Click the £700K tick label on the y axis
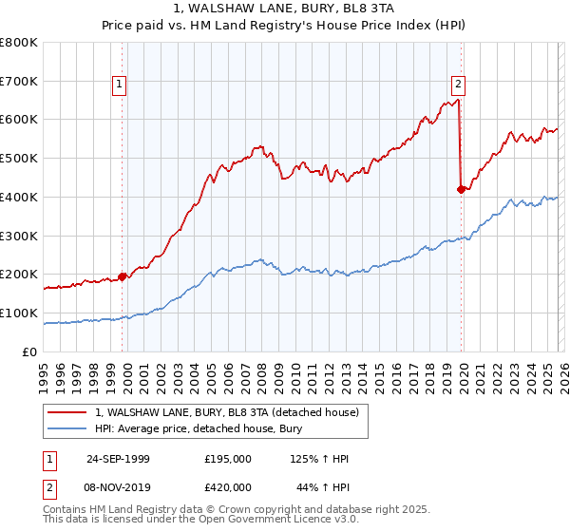pos(19,82)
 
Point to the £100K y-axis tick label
pos(19,313)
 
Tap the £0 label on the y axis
pos(30,351)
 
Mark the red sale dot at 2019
pos(461,189)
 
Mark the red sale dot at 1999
pos(123,276)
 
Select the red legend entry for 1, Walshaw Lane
pos(227,412)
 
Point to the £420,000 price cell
pos(228,486)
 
